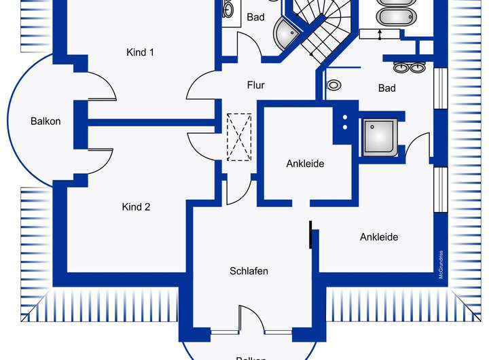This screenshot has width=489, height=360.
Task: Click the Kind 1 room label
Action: pyautogui.click(x=140, y=52)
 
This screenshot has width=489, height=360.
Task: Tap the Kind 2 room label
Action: pyautogui.click(x=136, y=207)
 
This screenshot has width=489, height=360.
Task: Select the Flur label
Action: pyautogui.click(x=255, y=86)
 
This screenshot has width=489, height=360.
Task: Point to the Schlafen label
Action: pyautogui.click(x=249, y=271)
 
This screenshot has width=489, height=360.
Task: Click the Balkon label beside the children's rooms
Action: pyautogui.click(x=46, y=122)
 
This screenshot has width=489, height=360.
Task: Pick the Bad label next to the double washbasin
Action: pyautogui.click(x=386, y=88)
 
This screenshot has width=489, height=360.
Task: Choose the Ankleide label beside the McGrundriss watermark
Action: pyautogui.click(x=379, y=237)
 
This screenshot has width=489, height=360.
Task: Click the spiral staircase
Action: pyautogui.click(x=319, y=27)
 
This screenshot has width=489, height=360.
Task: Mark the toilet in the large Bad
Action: pyautogui.click(x=334, y=86)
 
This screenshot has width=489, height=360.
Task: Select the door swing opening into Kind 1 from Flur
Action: pyautogui.click(x=200, y=84)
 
